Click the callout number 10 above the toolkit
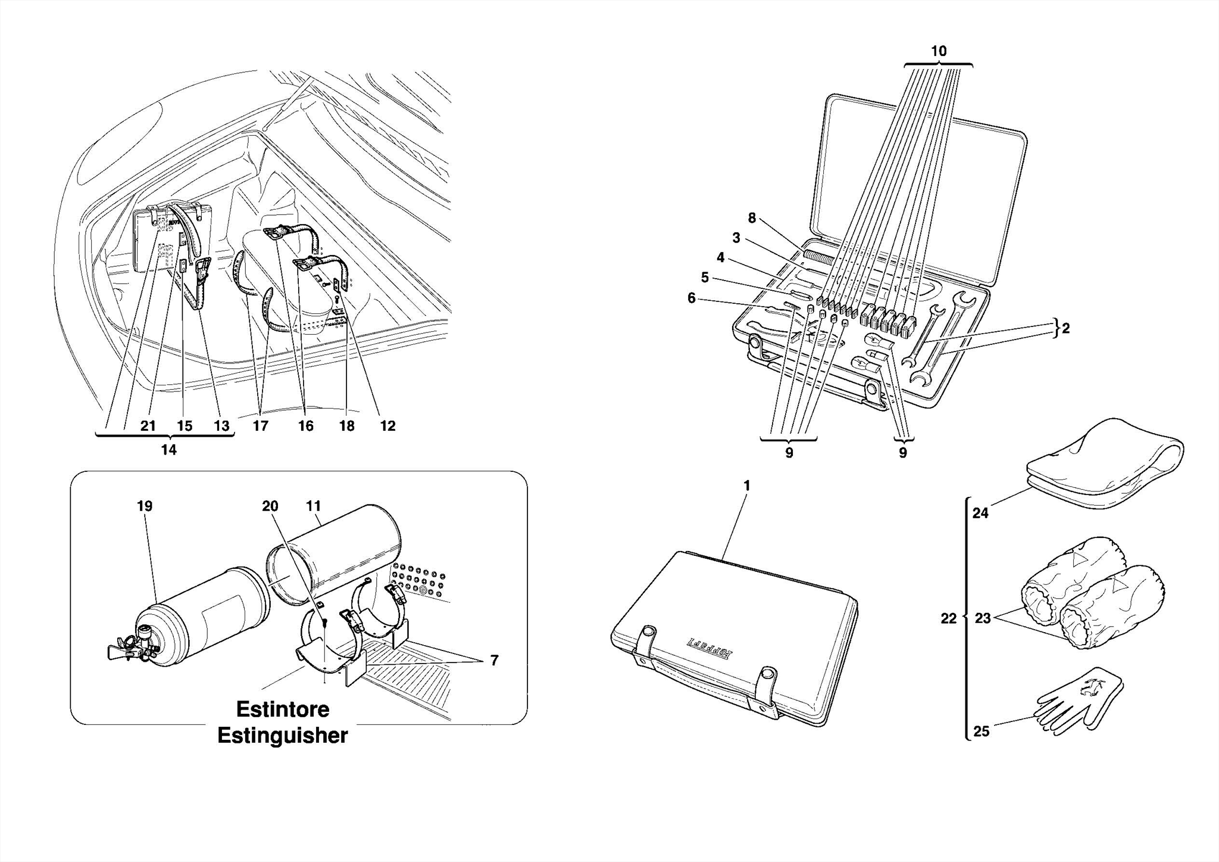[938, 52]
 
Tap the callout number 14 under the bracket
[169, 450]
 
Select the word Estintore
[282, 709]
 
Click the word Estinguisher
[282, 736]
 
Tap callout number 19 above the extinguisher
[145, 506]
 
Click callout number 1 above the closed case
[747, 486]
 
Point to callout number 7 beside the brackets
[494, 660]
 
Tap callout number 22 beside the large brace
[948, 618]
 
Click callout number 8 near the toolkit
[752, 219]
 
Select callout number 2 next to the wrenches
[1065, 328]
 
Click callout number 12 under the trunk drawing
[387, 426]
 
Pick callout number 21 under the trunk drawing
[148, 426]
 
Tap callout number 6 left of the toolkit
[691, 298]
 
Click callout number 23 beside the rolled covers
[983, 618]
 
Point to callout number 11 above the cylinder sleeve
[313, 506]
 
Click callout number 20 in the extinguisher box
[270, 506]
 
